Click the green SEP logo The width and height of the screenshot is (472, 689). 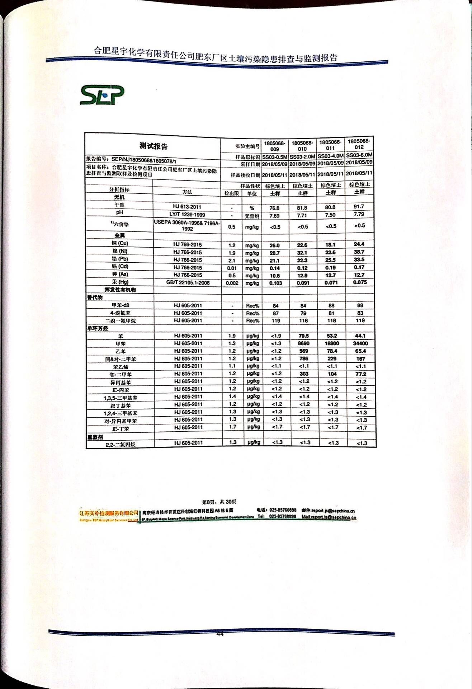point(102,95)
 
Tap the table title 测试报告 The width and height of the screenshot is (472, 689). point(154,146)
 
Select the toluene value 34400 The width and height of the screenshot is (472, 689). point(360,343)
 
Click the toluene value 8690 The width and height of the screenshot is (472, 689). point(303,343)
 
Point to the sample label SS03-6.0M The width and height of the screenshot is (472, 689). point(359,155)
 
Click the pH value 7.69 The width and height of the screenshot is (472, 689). point(274,216)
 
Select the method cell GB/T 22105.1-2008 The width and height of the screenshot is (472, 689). point(188,283)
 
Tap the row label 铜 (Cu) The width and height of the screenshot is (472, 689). point(120,243)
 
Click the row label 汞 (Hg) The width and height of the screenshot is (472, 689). point(120,282)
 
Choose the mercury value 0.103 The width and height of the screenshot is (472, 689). point(275,283)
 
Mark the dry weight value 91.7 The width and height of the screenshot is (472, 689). point(359,206)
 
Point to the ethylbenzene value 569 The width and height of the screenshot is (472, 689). point(303,351)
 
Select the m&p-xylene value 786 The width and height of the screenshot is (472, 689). point(303,358)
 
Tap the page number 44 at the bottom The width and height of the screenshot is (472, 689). point(220,634)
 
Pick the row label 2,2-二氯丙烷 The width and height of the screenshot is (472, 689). point(121,445)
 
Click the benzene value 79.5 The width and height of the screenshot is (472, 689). point(303,336)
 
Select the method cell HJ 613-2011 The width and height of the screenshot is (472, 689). point(187,207)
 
